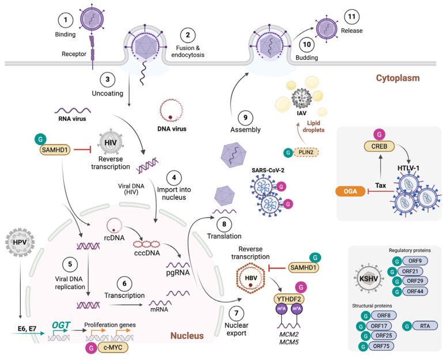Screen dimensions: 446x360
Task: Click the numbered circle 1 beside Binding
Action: tap(66, 20)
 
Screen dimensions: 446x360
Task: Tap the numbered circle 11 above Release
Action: tap(351, 17)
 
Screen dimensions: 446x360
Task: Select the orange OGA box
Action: tap(350, 191)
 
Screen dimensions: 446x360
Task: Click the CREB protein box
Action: tap(379, 146)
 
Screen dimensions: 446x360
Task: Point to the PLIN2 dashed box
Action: tap(306, 153)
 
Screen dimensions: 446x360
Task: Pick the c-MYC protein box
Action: tap(113, 347)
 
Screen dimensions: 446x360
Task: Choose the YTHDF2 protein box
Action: tap(289, 299)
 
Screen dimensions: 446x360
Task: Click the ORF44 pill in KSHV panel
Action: tap(415, 291)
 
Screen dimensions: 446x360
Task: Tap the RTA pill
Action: tap(425, 326)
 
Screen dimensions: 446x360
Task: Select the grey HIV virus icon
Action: tap(111, 143)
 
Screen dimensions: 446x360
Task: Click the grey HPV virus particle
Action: tap(20, 242)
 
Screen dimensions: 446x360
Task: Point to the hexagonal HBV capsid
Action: tap(251, 278)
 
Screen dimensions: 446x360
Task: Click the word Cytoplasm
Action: tap(398, 78)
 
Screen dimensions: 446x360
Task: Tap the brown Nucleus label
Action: tap(187, 336)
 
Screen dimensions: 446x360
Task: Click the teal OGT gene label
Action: tap(61, 325)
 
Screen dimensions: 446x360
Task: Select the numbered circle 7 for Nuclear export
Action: tap(236, 313)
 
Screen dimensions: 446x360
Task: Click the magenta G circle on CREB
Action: tap(379, 134)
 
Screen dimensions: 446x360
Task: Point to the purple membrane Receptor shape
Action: tap(92, 52)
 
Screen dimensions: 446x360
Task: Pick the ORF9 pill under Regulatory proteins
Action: tap(415, 261)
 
